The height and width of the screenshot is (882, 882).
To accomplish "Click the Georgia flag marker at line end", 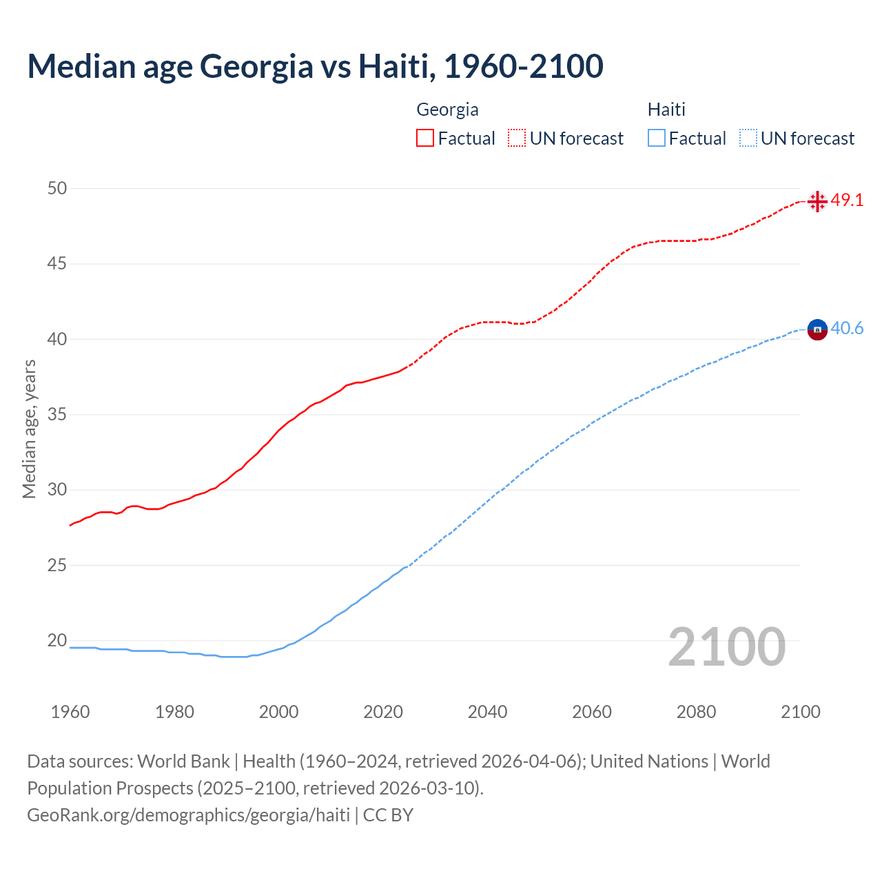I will (x=817, y=201).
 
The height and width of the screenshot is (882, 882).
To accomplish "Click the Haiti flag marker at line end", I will (x=817, y=330).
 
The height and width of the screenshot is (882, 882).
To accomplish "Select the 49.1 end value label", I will (x=847, y=201).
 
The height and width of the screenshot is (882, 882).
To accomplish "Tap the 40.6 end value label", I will (x=847, y=329).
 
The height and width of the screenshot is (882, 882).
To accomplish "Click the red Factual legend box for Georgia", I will (x=425, y=138).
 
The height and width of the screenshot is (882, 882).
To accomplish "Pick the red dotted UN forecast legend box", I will (x=517, y=138).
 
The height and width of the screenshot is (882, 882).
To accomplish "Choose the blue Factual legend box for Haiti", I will (x=657, y=138).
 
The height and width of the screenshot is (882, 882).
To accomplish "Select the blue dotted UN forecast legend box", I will (x=748, y=138).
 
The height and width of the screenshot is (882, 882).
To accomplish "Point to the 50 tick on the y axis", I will (x=57, y=188).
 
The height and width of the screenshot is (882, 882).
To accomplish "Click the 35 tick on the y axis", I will (x=57, y=415).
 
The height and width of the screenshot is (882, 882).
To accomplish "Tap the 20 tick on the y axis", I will (x=57, y=641).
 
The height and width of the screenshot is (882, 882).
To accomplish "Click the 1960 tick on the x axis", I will (x=70, y=712).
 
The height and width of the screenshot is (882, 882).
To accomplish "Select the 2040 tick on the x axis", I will (x=487, y=712).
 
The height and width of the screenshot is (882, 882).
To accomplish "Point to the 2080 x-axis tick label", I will (x=696, y=712).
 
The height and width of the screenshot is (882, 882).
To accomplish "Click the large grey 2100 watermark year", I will (x=727, y=646).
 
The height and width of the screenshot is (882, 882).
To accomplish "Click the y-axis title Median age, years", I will (x=29, y=429).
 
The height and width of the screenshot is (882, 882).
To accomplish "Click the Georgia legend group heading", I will (x=447, y=110).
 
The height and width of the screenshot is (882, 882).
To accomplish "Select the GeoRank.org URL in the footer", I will (x=188, y=814).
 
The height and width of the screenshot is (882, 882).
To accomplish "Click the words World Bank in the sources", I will (x=183, y=761).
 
